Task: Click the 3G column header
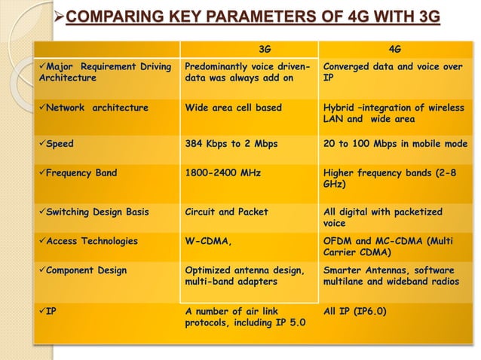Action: coord(264,50)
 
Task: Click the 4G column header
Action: coord(394,50)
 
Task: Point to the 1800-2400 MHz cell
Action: coord(223,173)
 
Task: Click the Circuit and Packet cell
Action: coord(226,212)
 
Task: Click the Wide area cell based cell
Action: coord(233,108)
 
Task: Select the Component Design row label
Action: coord(87,270)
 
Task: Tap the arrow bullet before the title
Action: coord(60,16)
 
